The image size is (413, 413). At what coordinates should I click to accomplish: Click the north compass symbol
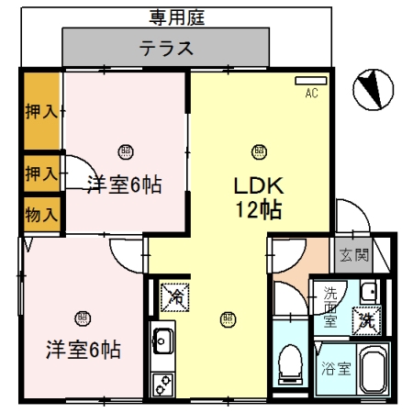pyautogui.click(x=374, y=90)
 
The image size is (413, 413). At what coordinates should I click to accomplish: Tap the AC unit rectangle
pyautogui.click(x=311, y=81)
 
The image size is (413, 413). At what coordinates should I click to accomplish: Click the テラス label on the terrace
pyautogui.click(x=166, y=49)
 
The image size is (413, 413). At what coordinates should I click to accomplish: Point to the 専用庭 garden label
pyautogui.click(x=177, y=17)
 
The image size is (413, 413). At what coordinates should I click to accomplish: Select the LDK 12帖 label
pyautogui.click(x=259, y=198)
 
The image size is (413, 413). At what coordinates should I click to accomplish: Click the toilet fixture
pyautogui.click(x=290, y=364)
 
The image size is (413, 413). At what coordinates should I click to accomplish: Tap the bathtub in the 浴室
pyautogui.click(x=373, y=369)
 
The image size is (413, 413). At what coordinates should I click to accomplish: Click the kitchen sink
pyautogui.click(x=163, y=340)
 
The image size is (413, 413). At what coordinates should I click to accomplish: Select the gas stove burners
pyautogui.click(x=163, y=384)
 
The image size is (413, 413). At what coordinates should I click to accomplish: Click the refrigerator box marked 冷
pyautogui.click(x=175, y=297)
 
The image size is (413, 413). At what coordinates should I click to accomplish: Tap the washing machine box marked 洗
pyautogui.click(x=366, y=320)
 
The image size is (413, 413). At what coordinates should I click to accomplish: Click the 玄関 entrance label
pyautogui.click(x=354, y=255)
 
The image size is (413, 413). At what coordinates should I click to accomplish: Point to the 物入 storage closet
pyautogui.click(x=42, y=214)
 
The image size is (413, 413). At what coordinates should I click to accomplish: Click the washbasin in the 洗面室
pyautogui.click(x=369, y=291)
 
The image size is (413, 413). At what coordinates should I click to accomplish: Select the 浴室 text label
pyautogui.click(x=336, y=369)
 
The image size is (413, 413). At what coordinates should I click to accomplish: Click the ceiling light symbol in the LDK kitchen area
pyautogui.click(x=228, y=319)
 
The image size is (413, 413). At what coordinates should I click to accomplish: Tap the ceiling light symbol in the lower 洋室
pyautogui.click(x=83, y=318)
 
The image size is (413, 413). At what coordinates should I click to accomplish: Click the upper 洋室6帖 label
pyautogui.click(x=125, y=184)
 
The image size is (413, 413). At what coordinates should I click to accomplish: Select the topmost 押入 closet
pyautogui.click(x=42, y=111)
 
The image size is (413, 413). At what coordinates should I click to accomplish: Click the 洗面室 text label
pyautogui.click(x=330, y=307)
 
